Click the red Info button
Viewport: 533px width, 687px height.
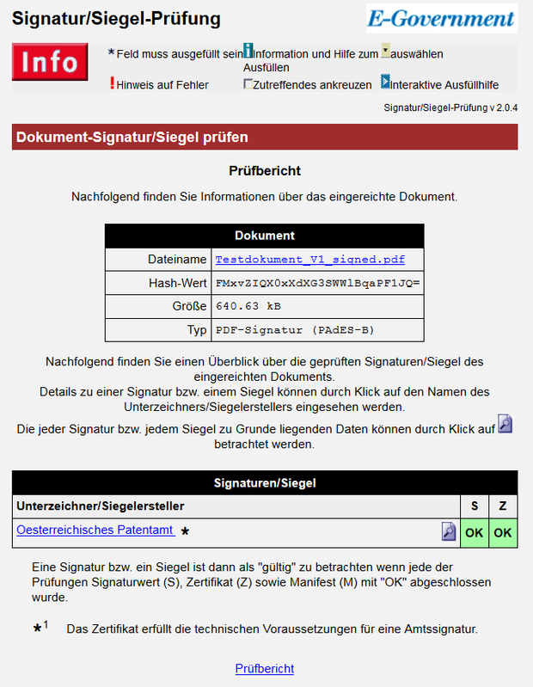[49, 63]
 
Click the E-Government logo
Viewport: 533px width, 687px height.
[441, 18]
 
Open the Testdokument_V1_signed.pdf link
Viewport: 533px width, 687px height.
[309, 259]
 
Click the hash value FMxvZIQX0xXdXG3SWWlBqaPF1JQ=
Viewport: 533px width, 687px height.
[317, 283]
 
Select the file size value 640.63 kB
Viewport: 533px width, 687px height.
[248, 306]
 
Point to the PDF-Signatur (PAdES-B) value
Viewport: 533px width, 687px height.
[295, 330]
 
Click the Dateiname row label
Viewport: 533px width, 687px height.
[177, 259]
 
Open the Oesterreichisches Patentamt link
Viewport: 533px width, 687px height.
[95, 530]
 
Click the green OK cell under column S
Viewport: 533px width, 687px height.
[474, 533]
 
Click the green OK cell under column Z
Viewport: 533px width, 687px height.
[503, 533]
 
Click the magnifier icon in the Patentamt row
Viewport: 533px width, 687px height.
[449, 531]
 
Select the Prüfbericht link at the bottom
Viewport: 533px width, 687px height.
[265, 668]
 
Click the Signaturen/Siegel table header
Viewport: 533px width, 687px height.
[265, 483]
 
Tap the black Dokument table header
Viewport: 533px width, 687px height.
[265, 236]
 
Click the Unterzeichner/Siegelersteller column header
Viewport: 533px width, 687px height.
[101, 506]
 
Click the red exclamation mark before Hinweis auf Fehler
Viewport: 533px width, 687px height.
[112, 83]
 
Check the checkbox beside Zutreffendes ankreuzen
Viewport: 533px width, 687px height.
[248, 84]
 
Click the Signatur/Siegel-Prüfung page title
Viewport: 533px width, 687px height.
[116, 19]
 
